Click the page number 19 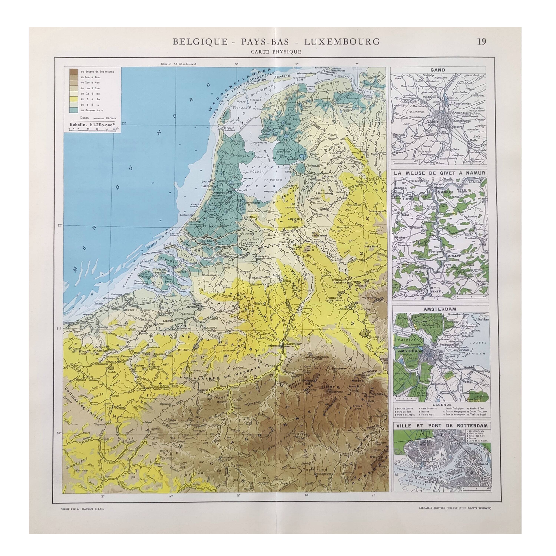click(482, 42)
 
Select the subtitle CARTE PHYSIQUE click(276, 52)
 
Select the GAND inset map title click(438, 70)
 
